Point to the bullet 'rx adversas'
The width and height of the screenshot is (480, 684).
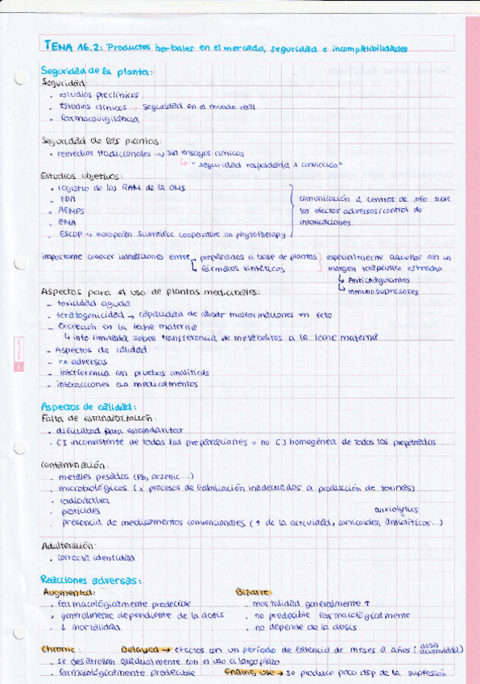pos(83,361)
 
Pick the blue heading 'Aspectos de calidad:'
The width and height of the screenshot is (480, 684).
pos(88,407)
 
